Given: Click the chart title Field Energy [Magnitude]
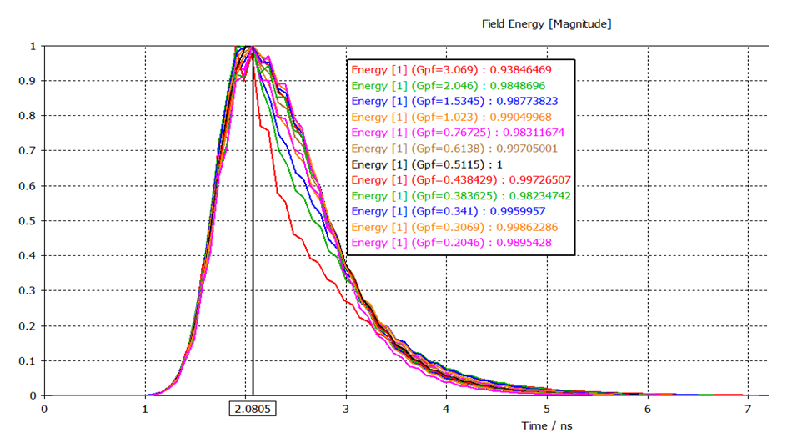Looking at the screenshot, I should pos(546,24).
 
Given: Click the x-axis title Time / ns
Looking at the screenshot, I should pos(548,425).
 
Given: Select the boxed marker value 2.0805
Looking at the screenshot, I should pos(253,409).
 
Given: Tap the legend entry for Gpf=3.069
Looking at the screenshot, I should pos(461,69).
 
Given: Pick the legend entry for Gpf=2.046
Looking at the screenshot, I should pos(455,85).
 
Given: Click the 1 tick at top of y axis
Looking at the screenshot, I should pos(33,46).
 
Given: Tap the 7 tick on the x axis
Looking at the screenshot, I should pos(749,409).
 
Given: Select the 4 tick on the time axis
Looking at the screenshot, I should pos(447,409).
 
